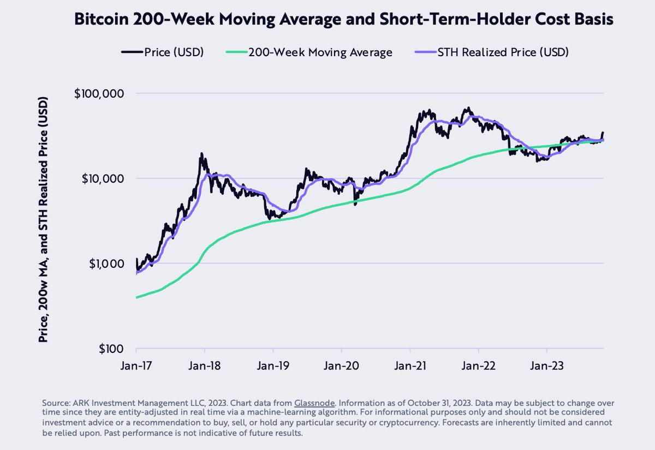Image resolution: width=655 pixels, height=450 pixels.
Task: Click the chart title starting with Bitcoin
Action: point(343,20)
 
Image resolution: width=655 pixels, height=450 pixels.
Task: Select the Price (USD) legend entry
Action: point(163,52)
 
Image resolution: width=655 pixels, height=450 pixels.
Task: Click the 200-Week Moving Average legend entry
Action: point(309,52)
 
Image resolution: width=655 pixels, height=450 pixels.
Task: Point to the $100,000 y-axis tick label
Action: point(98,93)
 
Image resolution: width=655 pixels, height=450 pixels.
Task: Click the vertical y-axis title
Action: point(43,219)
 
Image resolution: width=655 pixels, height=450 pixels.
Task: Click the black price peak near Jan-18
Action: point(202,154)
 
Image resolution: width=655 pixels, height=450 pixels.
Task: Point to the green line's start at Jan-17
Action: point(136,297)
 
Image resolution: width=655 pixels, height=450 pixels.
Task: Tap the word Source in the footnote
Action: point(56,403)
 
